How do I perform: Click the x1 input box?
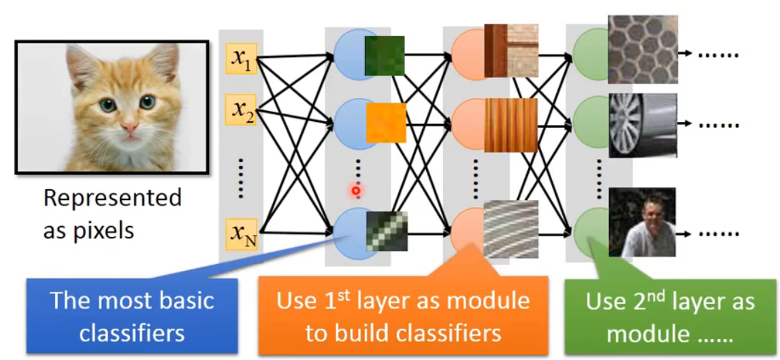tap(241, 59)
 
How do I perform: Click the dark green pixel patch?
tap(385, 55)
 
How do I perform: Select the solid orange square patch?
tap(386, 122)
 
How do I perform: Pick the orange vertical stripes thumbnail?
tap(511, 125)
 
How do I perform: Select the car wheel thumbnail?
tap(642, 125)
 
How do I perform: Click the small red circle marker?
tap(355, 192)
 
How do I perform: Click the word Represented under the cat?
tap(112, 198)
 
